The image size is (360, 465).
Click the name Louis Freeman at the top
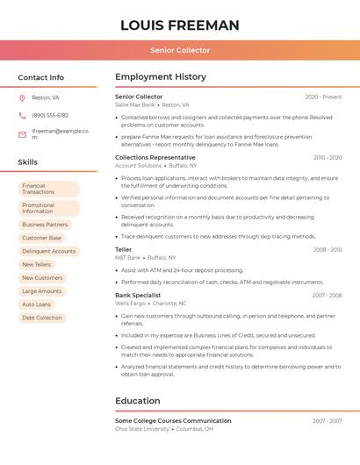(x=179, y=25)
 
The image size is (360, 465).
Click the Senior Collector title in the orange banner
(x=179, y=50)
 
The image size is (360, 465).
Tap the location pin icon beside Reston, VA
(x=22, y=97)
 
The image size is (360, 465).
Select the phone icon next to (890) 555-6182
(x=22, y=115)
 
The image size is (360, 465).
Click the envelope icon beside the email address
(x=22, y=134)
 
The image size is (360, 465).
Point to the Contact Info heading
(x=40, y=77)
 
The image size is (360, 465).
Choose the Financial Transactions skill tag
(x=48, y=189)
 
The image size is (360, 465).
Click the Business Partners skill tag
(x=45, y=225)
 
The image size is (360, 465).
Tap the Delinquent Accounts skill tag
(x=49, y=251)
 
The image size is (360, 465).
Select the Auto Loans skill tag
(x=37, y=304)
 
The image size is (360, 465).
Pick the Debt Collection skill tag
(x=42, y=318)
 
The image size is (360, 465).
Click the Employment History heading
(x=161, y=77)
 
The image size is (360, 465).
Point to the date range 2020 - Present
(x=323, y=97)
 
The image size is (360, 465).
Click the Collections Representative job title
(x=155, y=158)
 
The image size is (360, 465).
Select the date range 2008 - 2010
(x=328, y=250)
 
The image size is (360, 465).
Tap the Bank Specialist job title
(x=138, y=296)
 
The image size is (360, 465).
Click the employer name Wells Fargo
(x=129, y=304)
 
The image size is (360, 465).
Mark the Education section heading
(x=138, y=401)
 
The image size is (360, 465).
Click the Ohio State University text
(x=141, y=429)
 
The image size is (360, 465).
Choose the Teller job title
(x=124, y=250)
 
